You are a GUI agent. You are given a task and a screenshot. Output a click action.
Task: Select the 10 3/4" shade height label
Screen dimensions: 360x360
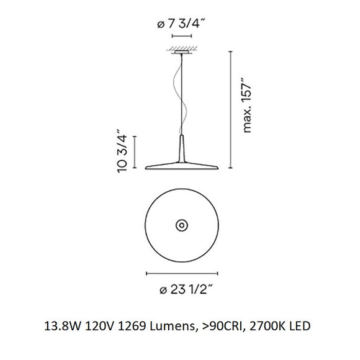click(x=122, y=151)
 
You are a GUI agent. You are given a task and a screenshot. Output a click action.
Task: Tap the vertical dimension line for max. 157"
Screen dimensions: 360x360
click(x=232, y=109)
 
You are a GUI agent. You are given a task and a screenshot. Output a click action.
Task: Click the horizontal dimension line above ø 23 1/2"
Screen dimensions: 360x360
click(x=181, y=272)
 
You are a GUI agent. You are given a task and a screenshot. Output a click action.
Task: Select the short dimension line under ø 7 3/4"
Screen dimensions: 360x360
click(x=181, y=37)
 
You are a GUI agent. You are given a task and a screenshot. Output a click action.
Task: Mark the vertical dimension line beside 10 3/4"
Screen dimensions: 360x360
click(x=135, y=151)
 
